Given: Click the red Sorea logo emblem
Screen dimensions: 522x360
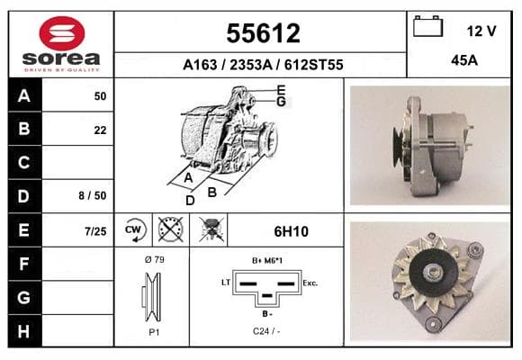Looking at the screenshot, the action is click(62, 33).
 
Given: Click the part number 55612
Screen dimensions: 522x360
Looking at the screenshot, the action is click(263, 33).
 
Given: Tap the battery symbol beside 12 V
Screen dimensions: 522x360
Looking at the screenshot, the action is click(427, 26).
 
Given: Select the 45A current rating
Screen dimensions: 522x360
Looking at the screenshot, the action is click(464, 60).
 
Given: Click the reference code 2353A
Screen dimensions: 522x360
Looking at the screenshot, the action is click(251, 65).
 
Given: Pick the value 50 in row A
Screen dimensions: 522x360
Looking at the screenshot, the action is click(100, 96).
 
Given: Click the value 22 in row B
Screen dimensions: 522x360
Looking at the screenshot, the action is click(100, 130).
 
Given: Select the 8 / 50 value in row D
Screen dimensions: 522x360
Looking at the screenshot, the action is click(93, 195).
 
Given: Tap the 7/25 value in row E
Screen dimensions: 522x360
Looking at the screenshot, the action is click(95, 231).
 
